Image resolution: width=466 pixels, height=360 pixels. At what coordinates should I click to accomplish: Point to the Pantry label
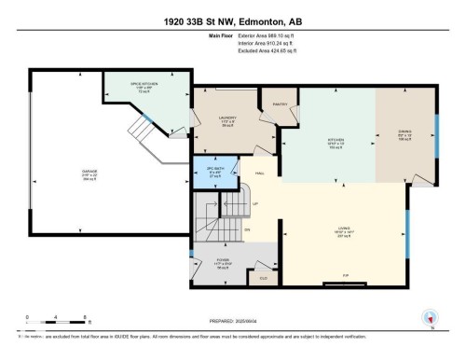279,104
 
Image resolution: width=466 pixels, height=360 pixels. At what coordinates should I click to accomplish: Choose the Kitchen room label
336,142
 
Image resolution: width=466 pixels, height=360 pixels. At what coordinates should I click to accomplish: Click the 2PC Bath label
213,172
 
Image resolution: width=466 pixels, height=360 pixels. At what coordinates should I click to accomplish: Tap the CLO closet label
263,278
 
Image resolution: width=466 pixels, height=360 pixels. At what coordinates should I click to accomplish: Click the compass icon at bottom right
430,318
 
